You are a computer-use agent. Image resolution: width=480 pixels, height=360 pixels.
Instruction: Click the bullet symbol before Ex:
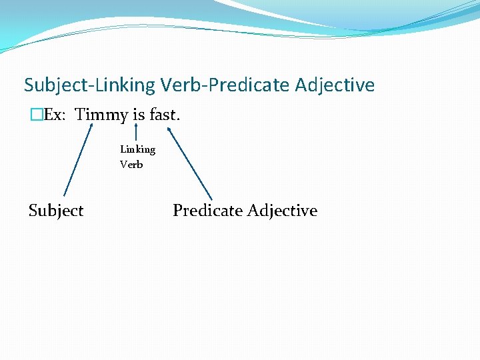36,115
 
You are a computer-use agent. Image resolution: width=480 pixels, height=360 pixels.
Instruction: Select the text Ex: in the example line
53,115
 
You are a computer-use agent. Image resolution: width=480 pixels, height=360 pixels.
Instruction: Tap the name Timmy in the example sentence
101,115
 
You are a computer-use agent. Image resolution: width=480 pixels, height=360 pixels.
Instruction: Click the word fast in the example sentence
163,115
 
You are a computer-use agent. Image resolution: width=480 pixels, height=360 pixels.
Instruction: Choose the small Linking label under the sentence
137,149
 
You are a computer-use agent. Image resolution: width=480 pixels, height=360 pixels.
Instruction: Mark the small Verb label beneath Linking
131,165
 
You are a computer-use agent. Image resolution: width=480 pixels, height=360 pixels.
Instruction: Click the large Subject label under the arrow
56,211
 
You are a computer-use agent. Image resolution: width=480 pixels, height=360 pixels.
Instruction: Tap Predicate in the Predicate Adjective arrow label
207,211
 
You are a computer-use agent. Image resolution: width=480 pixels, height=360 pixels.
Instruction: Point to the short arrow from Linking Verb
136,133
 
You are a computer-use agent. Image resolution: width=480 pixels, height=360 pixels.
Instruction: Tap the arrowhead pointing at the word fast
170,131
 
